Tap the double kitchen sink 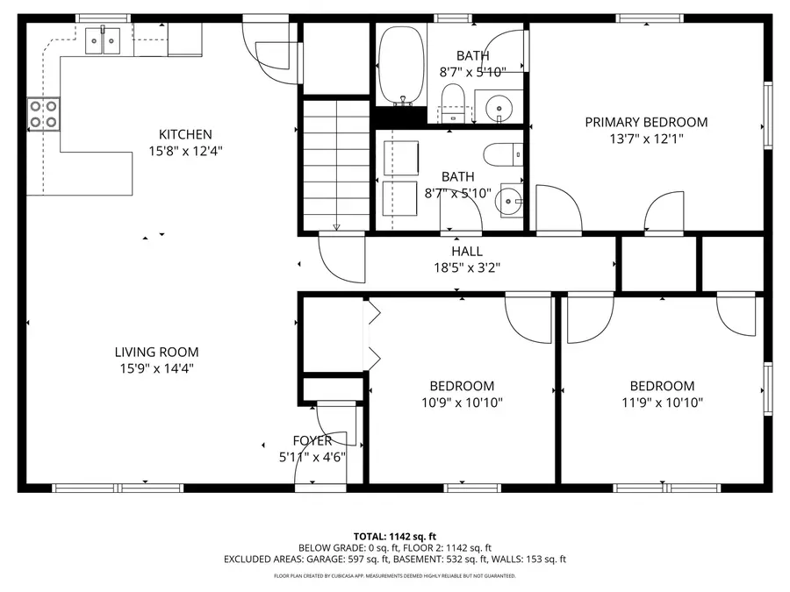[104, 40]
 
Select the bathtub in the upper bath [401, 66]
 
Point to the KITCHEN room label [185, 134]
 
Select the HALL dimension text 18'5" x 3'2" [466, 268]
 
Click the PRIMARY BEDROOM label [646, 122]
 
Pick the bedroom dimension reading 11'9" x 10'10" [662, 403]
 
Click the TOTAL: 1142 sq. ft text [394, 535]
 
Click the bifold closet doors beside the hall [372, 333]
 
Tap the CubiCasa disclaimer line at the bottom [394, 576]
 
